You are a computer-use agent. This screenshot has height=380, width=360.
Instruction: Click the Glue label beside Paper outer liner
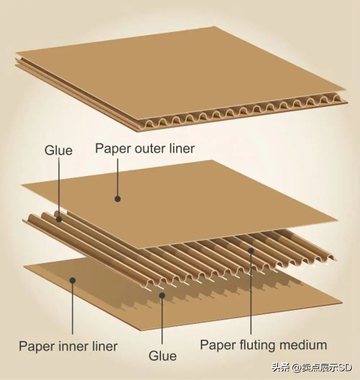point(58,150)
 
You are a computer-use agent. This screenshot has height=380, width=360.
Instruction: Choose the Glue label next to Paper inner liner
point(163,356)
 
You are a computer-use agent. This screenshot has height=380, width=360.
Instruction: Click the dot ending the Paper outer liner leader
point(117,198)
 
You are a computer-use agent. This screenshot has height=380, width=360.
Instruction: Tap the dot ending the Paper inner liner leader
point(72,280)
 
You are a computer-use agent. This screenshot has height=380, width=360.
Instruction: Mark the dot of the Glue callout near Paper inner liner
point(162,295)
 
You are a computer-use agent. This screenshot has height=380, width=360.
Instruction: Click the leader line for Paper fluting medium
point(251,295)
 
